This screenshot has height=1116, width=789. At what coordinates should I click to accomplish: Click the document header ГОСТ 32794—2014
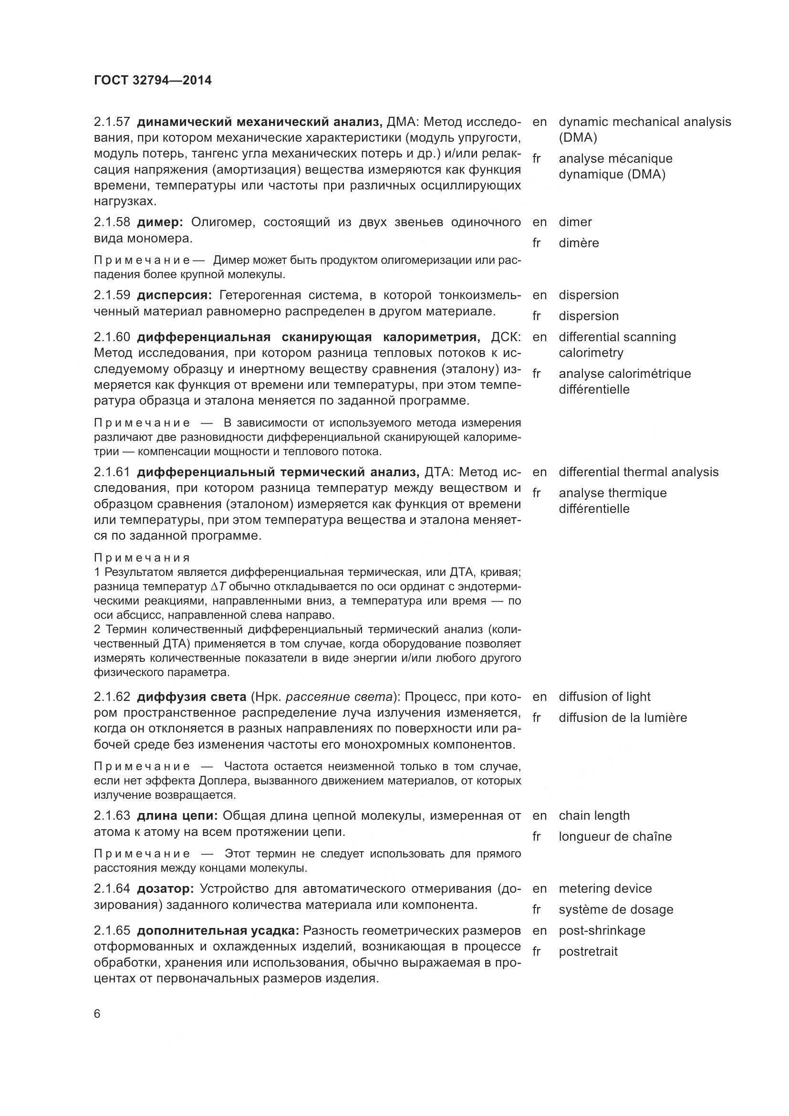[x=153, y=80]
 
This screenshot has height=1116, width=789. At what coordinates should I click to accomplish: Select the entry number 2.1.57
[x=112, y=122]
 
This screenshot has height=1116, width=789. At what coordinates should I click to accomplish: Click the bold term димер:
[x=160, y=222]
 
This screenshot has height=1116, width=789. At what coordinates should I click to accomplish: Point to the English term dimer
[x=575, y=222]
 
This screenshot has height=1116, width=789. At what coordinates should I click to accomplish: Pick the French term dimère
[x=579, y=243]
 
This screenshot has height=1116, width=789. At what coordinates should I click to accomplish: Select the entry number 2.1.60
[x=112, y=337]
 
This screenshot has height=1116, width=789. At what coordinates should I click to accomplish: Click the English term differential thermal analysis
[x=638, y=472]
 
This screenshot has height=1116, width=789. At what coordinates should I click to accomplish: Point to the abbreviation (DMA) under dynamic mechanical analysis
[x=578, y=137]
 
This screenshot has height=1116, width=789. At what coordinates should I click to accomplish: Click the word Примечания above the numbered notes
[x=142, y=557]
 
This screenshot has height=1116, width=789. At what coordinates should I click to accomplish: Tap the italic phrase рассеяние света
[x=339, y=697]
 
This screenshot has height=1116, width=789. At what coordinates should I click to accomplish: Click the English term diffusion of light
[x=604, y=697]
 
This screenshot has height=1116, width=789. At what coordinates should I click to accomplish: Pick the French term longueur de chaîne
[x=615, y=836]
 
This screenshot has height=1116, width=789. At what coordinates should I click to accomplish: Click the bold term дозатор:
[x=166, y=888]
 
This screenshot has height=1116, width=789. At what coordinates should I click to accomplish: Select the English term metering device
[x=605, y=888]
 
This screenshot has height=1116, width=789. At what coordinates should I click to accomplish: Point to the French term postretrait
[x=588, y=951]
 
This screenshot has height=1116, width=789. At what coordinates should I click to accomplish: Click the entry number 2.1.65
[x=112, y=930]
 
